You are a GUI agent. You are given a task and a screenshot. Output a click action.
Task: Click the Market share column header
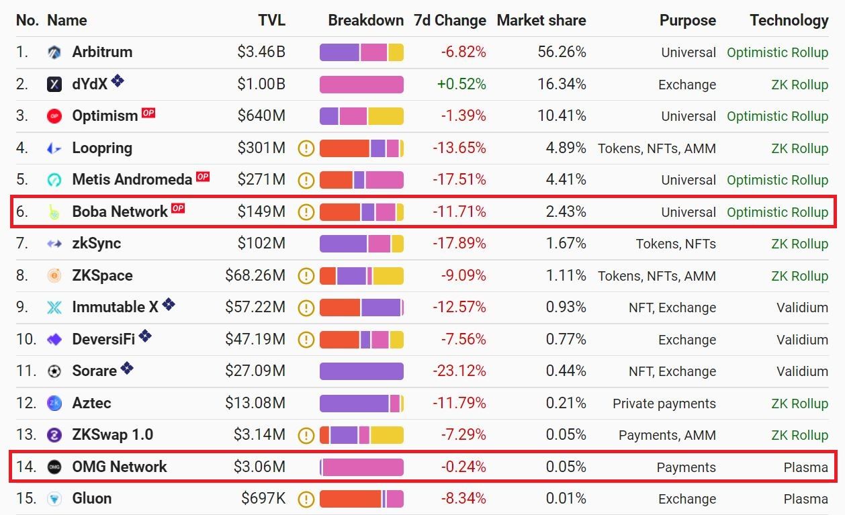pos(541,20)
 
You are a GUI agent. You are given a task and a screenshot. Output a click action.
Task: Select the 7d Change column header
pos(449,20)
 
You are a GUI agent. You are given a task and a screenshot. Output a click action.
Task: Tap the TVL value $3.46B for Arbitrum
pos(261,52)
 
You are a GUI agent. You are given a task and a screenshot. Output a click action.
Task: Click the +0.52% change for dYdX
pos(461,84)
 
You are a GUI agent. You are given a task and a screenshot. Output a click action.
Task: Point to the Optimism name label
pos(105,115)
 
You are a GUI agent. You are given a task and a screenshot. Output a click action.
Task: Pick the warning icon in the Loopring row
pos(306,148)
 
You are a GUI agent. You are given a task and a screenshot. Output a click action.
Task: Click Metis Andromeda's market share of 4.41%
pos(566,179)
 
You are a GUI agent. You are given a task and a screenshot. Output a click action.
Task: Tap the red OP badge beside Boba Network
pos(177,209)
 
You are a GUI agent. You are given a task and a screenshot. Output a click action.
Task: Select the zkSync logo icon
pos(54,244)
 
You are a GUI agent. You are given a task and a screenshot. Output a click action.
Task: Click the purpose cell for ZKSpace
pos(656,275)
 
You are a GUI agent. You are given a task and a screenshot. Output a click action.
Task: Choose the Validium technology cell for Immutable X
pos(802,308)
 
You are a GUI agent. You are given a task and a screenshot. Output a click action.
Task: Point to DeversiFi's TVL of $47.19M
pos(255,339)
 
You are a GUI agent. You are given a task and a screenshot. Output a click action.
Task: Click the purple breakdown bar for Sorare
pos(361,371)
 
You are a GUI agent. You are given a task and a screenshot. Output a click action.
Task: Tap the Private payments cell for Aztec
pos(664,403)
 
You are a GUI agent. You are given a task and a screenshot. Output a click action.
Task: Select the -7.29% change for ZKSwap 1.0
pos(463,434)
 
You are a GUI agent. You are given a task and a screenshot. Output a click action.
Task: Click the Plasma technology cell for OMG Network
pos(805,467)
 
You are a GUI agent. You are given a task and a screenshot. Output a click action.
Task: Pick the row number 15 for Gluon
pos(26,498)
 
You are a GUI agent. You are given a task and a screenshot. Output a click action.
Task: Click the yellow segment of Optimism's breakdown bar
pos(385,115)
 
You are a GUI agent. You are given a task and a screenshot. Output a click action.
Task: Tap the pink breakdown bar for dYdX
pos(361,84)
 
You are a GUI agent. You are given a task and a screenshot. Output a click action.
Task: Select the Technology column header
pos(789,20)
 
